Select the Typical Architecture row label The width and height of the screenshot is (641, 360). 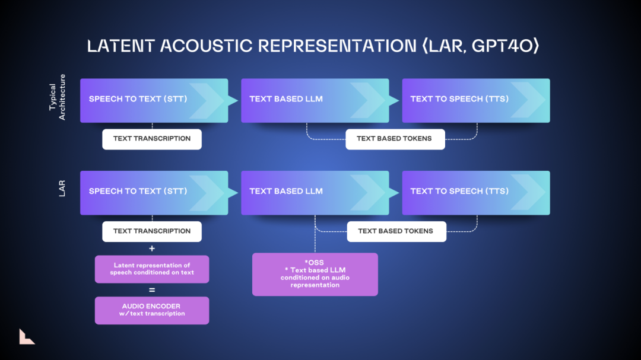[58, 97]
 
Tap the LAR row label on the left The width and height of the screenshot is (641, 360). [62, 189]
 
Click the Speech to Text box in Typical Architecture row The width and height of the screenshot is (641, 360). [154, 100]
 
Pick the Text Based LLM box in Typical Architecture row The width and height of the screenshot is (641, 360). [315, 100]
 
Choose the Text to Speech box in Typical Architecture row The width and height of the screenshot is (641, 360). [475, 100]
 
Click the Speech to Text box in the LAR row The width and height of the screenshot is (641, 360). [154, 192]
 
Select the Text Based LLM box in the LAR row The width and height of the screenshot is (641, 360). [315, 192]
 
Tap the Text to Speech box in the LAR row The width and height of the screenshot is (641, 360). [475, 192]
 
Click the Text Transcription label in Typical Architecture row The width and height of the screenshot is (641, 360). [152, 139]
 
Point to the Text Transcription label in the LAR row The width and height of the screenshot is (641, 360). [152, 231]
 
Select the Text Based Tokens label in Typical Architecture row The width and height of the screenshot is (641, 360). [395, 139]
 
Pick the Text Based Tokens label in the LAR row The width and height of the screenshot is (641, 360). [396, 231]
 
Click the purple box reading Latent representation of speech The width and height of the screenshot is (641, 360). [152, 269]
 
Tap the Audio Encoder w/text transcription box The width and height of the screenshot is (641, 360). [152, 310]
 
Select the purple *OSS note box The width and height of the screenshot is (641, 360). [315, 274]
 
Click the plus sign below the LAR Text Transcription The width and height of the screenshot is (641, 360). [152, 249]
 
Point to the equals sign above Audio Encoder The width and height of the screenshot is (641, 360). [152, 290]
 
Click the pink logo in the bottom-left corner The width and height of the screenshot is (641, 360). [26, 336]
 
